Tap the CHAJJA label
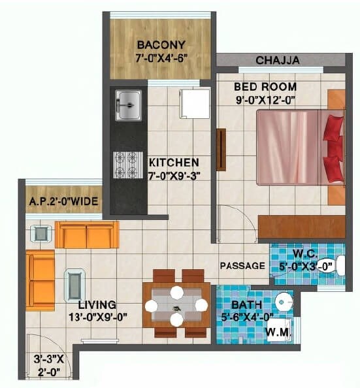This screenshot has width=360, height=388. [278, 60]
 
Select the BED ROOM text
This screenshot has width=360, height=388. [265, 86]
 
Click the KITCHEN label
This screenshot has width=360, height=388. [174, 162]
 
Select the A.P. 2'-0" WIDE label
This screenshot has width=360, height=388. [64, 202]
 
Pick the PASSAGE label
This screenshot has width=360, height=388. [242, 266]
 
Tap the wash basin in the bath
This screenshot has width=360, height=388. [283, 302]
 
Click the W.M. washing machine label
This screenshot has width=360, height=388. [278, 332]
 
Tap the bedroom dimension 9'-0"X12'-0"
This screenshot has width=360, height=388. [265, 101]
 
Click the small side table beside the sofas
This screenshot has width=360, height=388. [41, 233]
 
